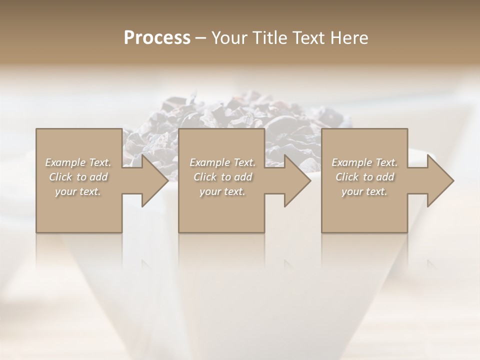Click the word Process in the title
[x=157, y=38]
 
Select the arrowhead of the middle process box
[x=297, y=180]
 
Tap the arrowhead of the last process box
[x=440, y=180]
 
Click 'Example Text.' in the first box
[x=78, y=162]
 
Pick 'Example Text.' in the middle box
[x=222, y=162]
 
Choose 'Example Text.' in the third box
[x=364, y=162]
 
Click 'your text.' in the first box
[x=78, y=191]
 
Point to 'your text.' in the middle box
[x=222, y=191]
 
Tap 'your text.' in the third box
[x=364, y=191]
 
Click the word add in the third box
[x=383, y=177]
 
